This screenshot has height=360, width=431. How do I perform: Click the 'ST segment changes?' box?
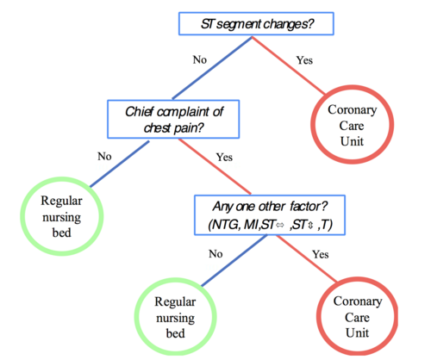pyautogui.click(x=256, y=24)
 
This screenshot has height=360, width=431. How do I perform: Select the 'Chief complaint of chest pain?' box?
pyautogui.click(x=173, y=119)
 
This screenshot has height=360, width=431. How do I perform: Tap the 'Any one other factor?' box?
pyautogui.click(x=270, y=215)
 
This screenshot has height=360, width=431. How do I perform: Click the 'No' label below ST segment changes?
pyautogui.click(x=200, y=59)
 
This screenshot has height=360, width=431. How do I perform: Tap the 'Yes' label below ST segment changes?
pyautogui.click(x=304, y=60)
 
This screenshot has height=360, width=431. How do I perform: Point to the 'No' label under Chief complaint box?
pyautogui.click(x=104, y=157)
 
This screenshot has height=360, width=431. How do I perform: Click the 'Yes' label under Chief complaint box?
pyautogui.click(x=224, y=158)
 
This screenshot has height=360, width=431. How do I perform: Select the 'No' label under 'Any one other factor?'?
pyautogui.click(x=215, y=254)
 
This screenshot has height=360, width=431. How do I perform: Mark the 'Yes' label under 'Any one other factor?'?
pyautogui.click(x=321, y=254)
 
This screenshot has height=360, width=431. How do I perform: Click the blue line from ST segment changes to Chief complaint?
pyautogui.click(x=212, y=68)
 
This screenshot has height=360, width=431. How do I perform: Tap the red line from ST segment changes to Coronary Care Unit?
pyautogui.click(x=289, y=65)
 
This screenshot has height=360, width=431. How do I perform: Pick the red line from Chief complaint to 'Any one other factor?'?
pyautogui.click(x=215, y=166)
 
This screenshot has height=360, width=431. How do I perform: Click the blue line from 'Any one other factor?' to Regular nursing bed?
pyautogui.click(x=234, y=261)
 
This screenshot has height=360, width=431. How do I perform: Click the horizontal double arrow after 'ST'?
pyautogui.click(x=280, y=226)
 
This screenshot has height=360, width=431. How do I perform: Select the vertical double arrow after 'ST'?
pyautogui.click(x=310, y=226)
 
